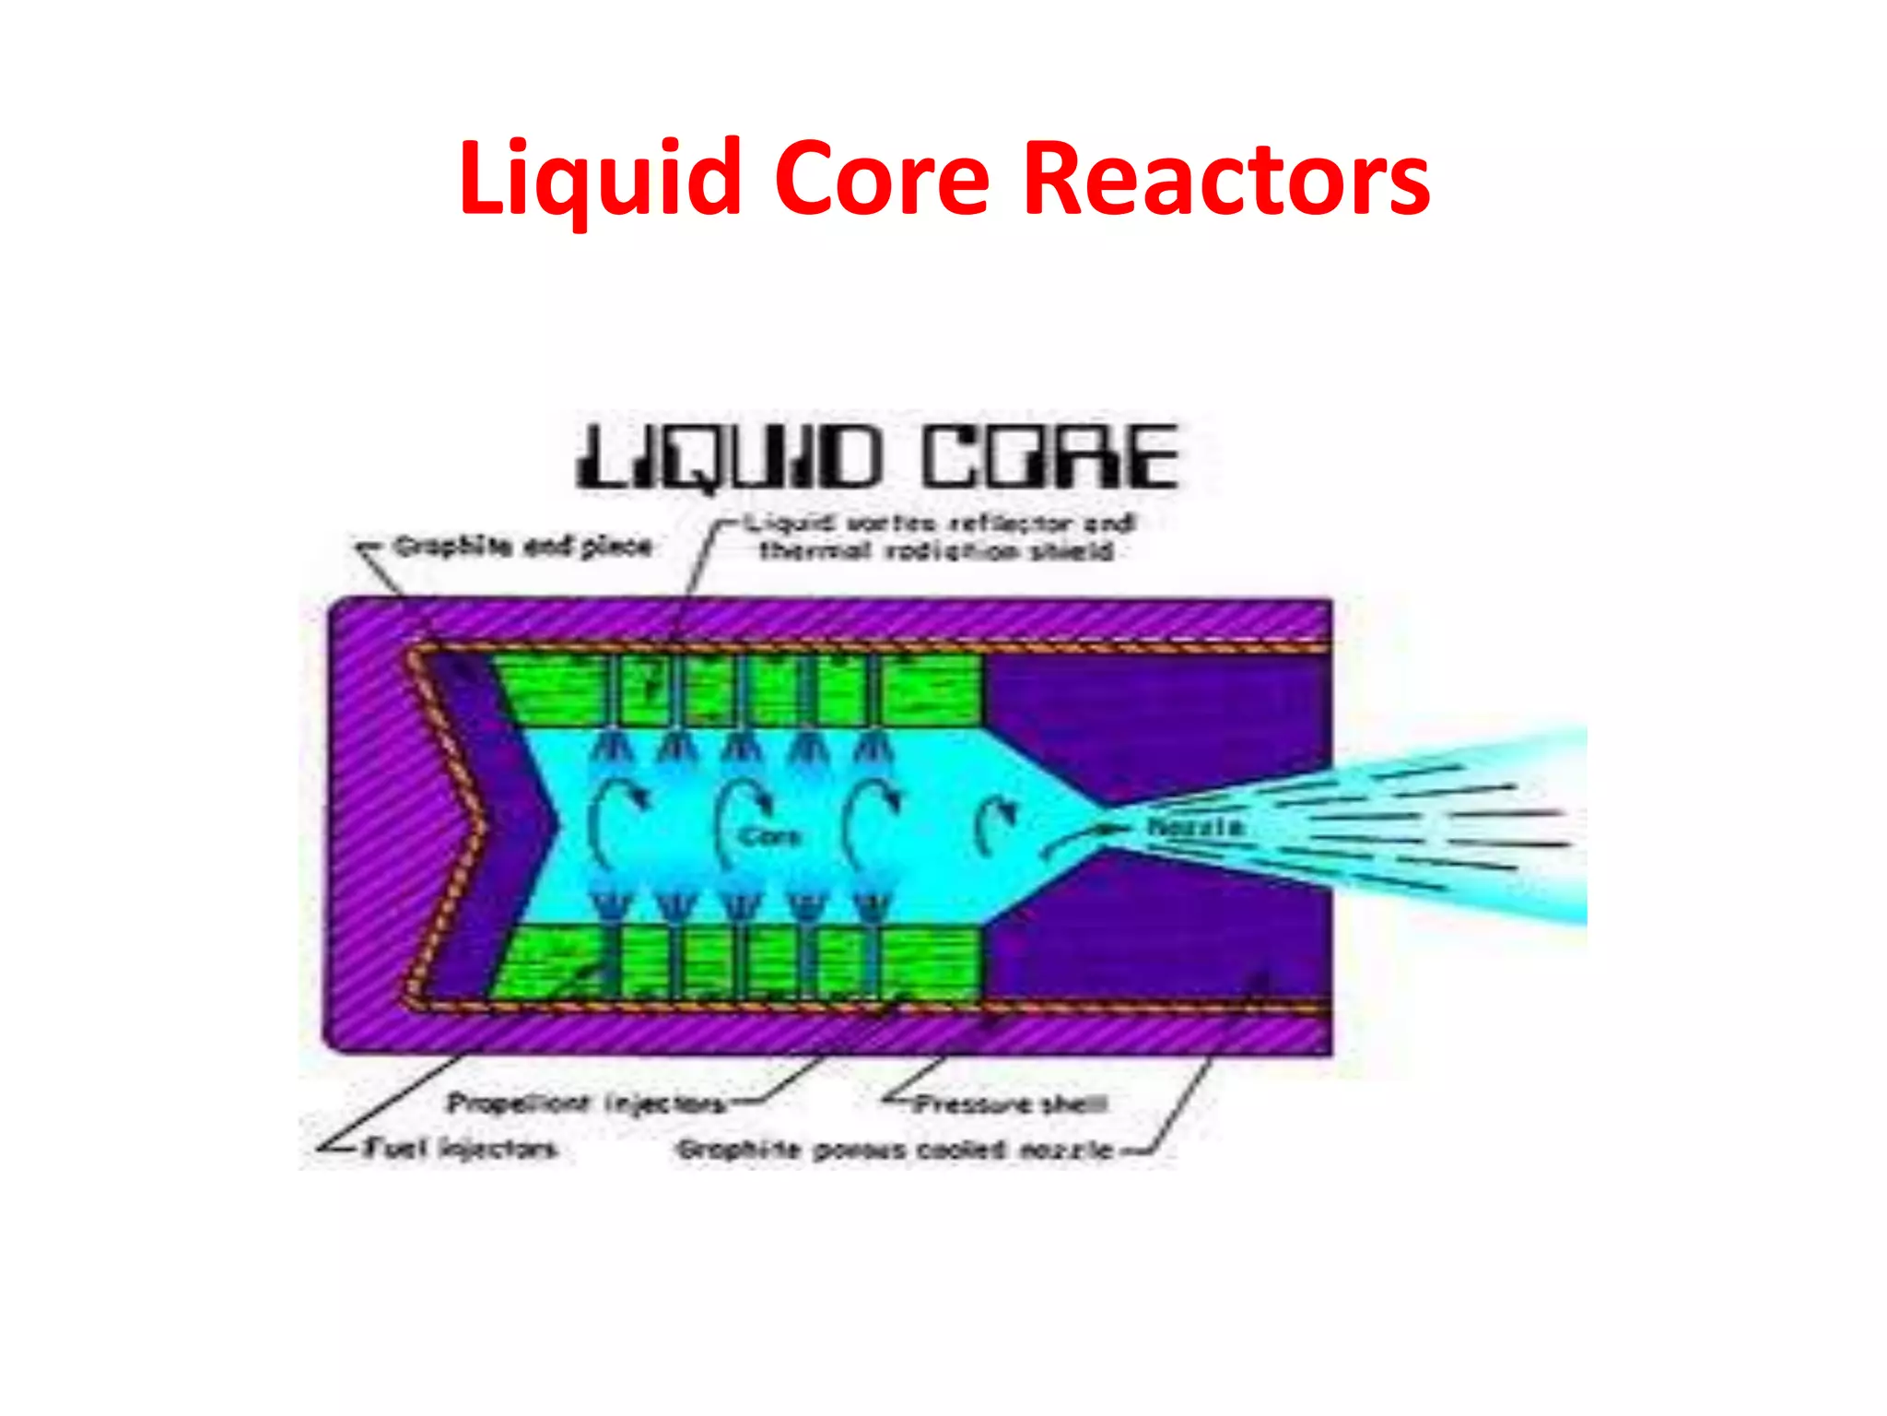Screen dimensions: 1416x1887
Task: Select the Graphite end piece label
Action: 523,547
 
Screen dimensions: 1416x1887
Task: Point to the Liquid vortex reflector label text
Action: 940,524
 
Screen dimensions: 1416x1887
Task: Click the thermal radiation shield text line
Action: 936,552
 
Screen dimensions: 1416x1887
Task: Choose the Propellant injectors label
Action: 587,1103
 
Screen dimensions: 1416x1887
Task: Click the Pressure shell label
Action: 1010,1103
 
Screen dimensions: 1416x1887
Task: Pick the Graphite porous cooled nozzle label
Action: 895,1150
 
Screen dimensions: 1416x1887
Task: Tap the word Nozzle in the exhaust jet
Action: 1194,827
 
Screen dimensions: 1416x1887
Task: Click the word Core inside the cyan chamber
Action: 770,836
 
